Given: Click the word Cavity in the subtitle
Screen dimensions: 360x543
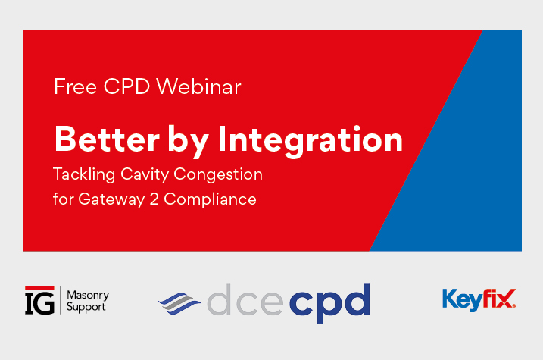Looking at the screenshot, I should pos(146,175).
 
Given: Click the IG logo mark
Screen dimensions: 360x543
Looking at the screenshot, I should pos(39,300).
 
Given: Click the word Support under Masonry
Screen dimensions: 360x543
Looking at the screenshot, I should pos(87,307).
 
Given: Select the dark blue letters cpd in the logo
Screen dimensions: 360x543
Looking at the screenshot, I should pos(329,302).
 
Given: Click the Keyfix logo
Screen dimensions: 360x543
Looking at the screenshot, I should pos(479,299).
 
